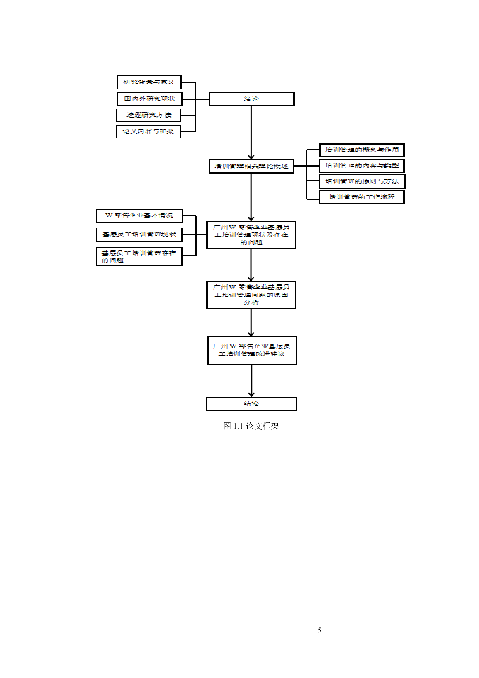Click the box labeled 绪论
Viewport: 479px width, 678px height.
pos(251,99)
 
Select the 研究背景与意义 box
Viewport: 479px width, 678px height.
pos(149,82)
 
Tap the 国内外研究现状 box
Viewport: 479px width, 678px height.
pos(149,99)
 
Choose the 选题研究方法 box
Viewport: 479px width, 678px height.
pos(149,115)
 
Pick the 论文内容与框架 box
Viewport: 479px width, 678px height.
pos(149,131)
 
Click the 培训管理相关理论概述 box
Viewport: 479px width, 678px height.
pos(251,166)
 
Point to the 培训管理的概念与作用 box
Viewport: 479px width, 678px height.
pos(362,150)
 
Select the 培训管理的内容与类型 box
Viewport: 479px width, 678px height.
pos(362,166)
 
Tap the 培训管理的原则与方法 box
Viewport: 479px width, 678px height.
pos(362,181)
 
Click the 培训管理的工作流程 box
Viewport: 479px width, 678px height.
pos(362,197)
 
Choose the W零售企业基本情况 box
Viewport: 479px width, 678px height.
pos(139,216)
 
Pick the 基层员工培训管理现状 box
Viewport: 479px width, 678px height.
pos(139,235)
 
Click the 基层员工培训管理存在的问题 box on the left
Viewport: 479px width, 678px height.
pos(139,256)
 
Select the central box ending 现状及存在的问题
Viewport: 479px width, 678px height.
pos(251,235)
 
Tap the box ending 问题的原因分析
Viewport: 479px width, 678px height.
pos(251,295)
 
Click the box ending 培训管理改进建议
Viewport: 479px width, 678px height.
pos(252,350)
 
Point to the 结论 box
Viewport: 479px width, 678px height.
pos(251,404)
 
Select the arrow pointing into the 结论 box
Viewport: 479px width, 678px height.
pos(251,380)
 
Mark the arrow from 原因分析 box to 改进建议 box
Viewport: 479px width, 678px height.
pos(251,322)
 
